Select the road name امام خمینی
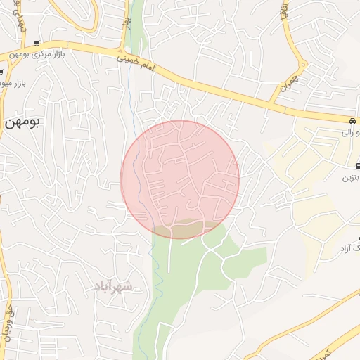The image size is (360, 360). point(136,67)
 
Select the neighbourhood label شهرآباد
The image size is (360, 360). point(112,286)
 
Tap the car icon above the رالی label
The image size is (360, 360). point(352,120)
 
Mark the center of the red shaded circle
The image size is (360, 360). point(180,179)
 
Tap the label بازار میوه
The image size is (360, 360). point(13,83)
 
